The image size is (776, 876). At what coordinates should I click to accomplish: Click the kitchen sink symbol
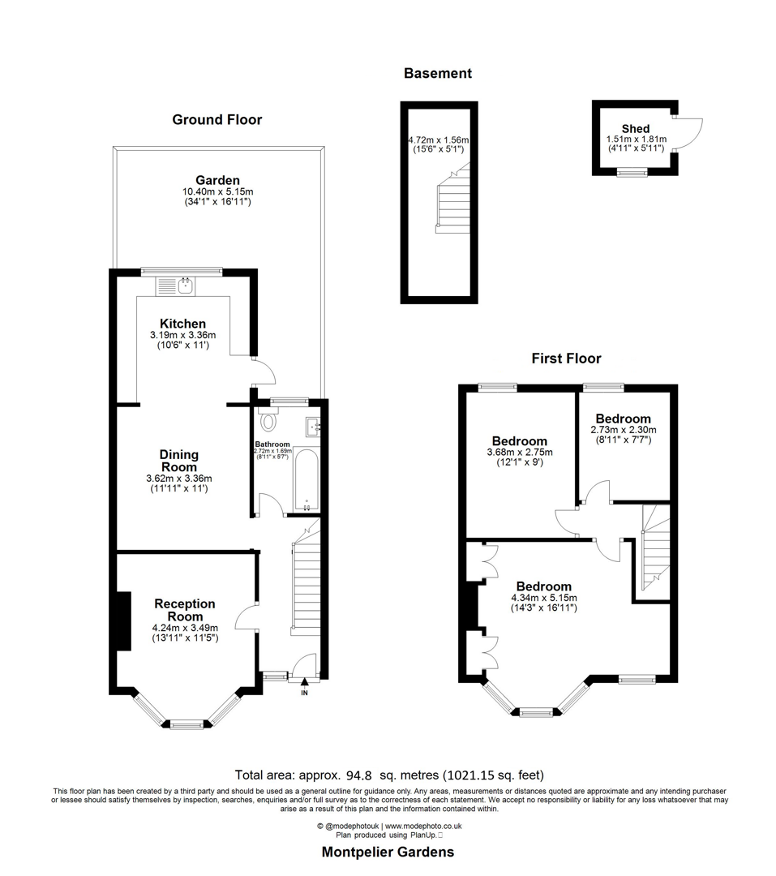click(x=175, y=285)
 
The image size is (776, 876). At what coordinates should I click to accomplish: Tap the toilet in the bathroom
click(x=268, y=421)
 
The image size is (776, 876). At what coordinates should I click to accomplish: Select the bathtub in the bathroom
click(x=306, y=479)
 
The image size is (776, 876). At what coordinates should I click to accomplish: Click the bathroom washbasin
click(x=314, y=426)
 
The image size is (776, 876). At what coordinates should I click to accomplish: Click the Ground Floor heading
click(x=217, y=120)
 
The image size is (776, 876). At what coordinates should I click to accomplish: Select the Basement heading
click(x=437, y=73)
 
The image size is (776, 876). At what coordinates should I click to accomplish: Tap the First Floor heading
click(x=566, y=358)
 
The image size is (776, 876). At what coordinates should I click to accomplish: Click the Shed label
click(x=635, y=129)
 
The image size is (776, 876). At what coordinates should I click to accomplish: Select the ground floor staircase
click(x=304, y=584)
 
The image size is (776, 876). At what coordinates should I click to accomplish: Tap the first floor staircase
click(x=654, y=547)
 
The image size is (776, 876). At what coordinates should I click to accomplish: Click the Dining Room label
click(x=178, y=461)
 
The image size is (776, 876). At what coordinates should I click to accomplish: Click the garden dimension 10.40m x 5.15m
click(x=217, y=191)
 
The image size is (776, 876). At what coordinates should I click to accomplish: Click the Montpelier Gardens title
click(x=388, y=852)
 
